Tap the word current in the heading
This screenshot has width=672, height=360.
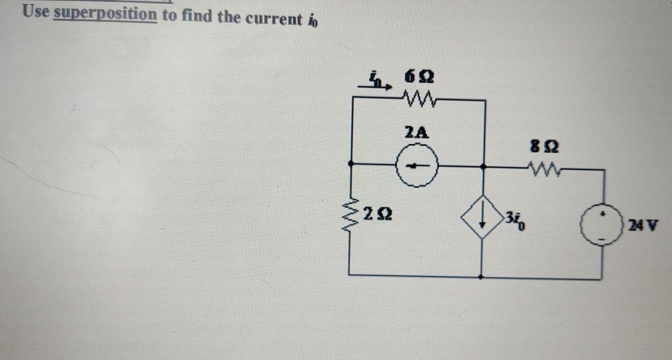tap(274, 19)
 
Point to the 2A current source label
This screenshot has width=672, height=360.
tap(416, 132)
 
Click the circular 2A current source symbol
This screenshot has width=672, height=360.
tap(417, 166)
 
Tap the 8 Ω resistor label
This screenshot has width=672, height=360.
tap(544, 146)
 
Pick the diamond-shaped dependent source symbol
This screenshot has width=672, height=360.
tap(482, 217)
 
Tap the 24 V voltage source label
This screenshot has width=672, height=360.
tap(643, 226)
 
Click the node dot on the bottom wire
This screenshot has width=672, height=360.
tap(481, 277)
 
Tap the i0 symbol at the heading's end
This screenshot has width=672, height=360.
tap(313, 20)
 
